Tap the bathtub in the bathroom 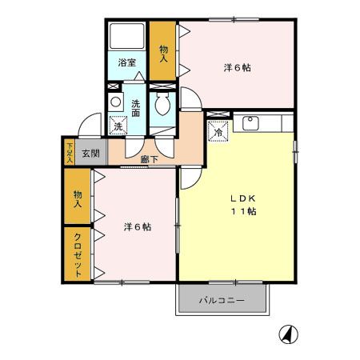pyautogui.click(x=126, y=38)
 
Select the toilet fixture pyautogui.click(x=163, y=104)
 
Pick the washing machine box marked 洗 pyautogui.click(x=118, y=126)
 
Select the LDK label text pyautogui.click(x=244, y=198)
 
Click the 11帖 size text pyautogui.click(x=244, y=211)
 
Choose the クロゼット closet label pyautogui.click(x=78, y=255)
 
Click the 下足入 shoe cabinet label pyautogui.click(x=70, y=153)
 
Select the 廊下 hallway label pyautogui.click(x=149, y=159)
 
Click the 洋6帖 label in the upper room pyautogui.click(x=237, y=68)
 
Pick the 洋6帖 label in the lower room pyautogui.click(x=137, y=227)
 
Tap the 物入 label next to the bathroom pyautogui.click(x=163, y=53)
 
